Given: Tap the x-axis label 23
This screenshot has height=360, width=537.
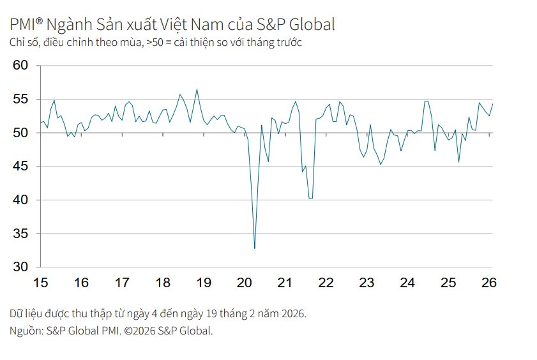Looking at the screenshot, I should click(367, 283).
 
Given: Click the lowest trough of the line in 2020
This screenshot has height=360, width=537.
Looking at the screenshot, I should click(255, 248).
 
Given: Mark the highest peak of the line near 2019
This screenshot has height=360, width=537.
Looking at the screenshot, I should click(197, 89).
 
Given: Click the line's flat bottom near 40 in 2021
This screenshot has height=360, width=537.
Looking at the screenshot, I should click(311, 199).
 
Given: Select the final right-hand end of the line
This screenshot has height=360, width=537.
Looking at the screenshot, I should click(492, 104).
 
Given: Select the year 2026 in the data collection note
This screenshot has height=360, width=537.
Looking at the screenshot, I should click(292, 314).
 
